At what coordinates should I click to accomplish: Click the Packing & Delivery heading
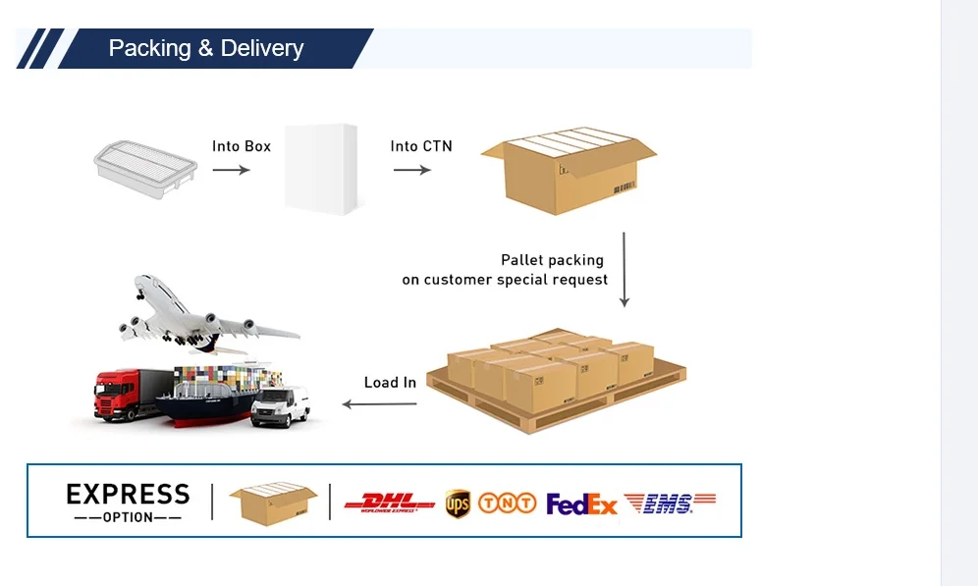pyautogui.click(x=205, y=48)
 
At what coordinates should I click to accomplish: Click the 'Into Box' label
pyautogui.click(x=242, y=146)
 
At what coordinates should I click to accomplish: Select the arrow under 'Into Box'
pyautogui.click(x=232, y=170)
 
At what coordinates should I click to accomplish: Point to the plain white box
pyautogui.click(x=320, y=168)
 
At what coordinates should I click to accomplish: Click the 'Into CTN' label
pyautogui.click(x=421, y=146)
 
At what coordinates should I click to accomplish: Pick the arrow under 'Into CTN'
pyautogui.click(x=412, y=170)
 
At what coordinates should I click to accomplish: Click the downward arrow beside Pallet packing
pyautogui.click(x=625, y=270)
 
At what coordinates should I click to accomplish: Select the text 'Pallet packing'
pyautogui.click(x=552, y=260)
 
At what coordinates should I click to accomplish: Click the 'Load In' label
pyautogui.click(x=390, y=382)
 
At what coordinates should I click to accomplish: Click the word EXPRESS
pyautogui.click(x=128, y=493)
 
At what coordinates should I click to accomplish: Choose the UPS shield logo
pyautogui.click(x=458, y=504)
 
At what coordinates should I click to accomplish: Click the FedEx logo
pyautogui.click(x=581, y=505)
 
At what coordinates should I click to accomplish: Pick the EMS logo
pyautogui.click(x=670, y=504)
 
